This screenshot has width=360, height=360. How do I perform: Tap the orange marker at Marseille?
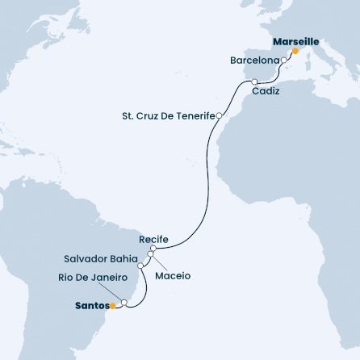click(x=295, y=51)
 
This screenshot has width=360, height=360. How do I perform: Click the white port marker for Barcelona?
click(x=283, y=60)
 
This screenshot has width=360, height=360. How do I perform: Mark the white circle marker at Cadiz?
click(x=255, y=82)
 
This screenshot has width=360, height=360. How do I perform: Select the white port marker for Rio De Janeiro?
click(x=123, y=304)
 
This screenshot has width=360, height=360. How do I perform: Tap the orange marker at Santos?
click(x=114, y=306)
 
